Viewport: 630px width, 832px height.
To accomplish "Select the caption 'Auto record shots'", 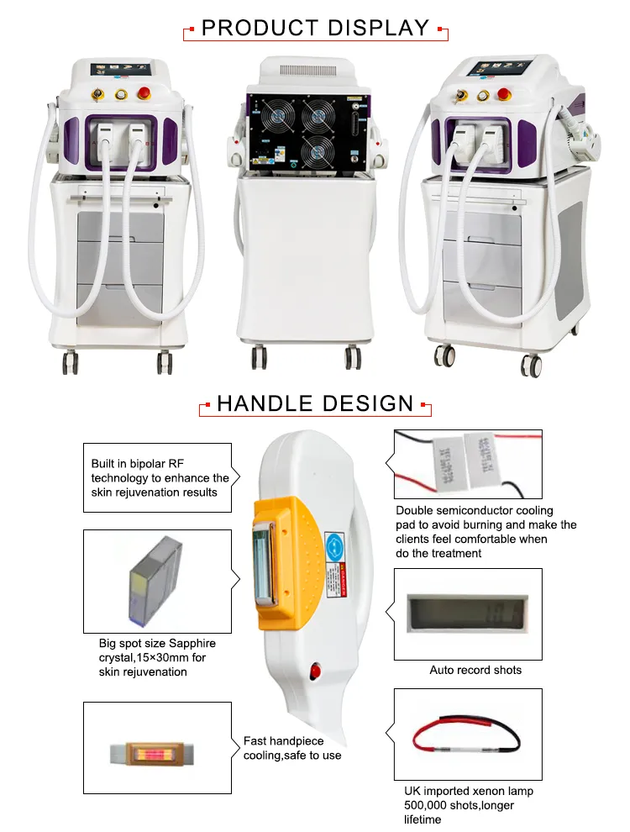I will coord(475,670).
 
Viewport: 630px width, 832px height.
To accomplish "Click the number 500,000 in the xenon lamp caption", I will coord(425,805).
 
